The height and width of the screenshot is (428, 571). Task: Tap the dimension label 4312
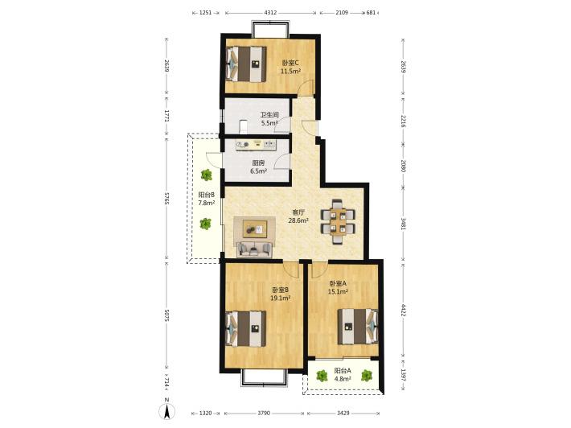pos(270,12)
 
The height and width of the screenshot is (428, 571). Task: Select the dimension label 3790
pos(264,413)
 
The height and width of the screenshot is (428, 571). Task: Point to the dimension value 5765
pos(166,199)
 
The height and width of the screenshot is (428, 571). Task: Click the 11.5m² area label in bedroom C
pos(290,72)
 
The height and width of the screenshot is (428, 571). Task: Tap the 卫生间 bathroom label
pos(269,115)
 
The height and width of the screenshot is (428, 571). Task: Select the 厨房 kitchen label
pos(258,163)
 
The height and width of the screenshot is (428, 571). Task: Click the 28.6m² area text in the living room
pos(298,220)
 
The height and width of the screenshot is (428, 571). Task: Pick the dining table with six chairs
pos(338,221)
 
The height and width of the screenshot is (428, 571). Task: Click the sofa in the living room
pos(254,249)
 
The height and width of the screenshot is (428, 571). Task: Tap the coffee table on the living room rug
pos(254,229)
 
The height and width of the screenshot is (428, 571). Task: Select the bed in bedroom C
pos(246,64)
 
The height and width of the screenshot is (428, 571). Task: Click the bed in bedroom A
pos(358,327)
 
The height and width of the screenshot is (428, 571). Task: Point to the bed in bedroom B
pos(245,328)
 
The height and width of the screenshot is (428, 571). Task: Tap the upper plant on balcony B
pos(207,175)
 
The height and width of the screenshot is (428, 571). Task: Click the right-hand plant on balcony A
pos(367,376)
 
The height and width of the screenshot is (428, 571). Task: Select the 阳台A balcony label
pos(343,371)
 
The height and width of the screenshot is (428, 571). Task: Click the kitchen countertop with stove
pos(256,144)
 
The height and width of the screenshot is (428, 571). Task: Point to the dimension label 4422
pos(403,311)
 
